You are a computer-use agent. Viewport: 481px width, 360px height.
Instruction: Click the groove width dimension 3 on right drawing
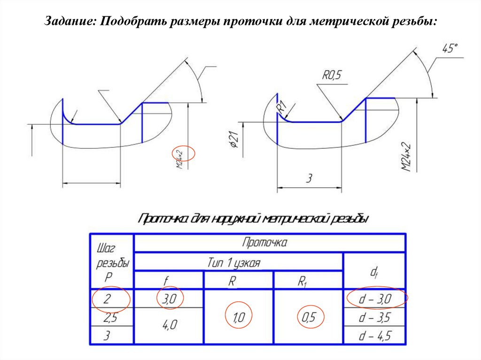(309, 178)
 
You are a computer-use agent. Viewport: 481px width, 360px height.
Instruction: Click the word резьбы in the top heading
(410, 22)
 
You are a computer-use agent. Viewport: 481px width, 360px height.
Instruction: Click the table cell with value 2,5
(110, 319)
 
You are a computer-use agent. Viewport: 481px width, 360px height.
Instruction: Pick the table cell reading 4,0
(169, 325)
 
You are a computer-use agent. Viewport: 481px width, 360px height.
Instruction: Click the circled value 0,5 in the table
(309, 318)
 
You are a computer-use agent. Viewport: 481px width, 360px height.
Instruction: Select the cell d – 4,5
(375, 336)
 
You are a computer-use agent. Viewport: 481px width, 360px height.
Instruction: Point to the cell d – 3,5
(375, 318)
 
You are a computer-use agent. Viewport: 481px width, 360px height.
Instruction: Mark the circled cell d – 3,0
(376, 299)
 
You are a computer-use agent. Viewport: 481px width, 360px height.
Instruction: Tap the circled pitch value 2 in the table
(110, 299)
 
